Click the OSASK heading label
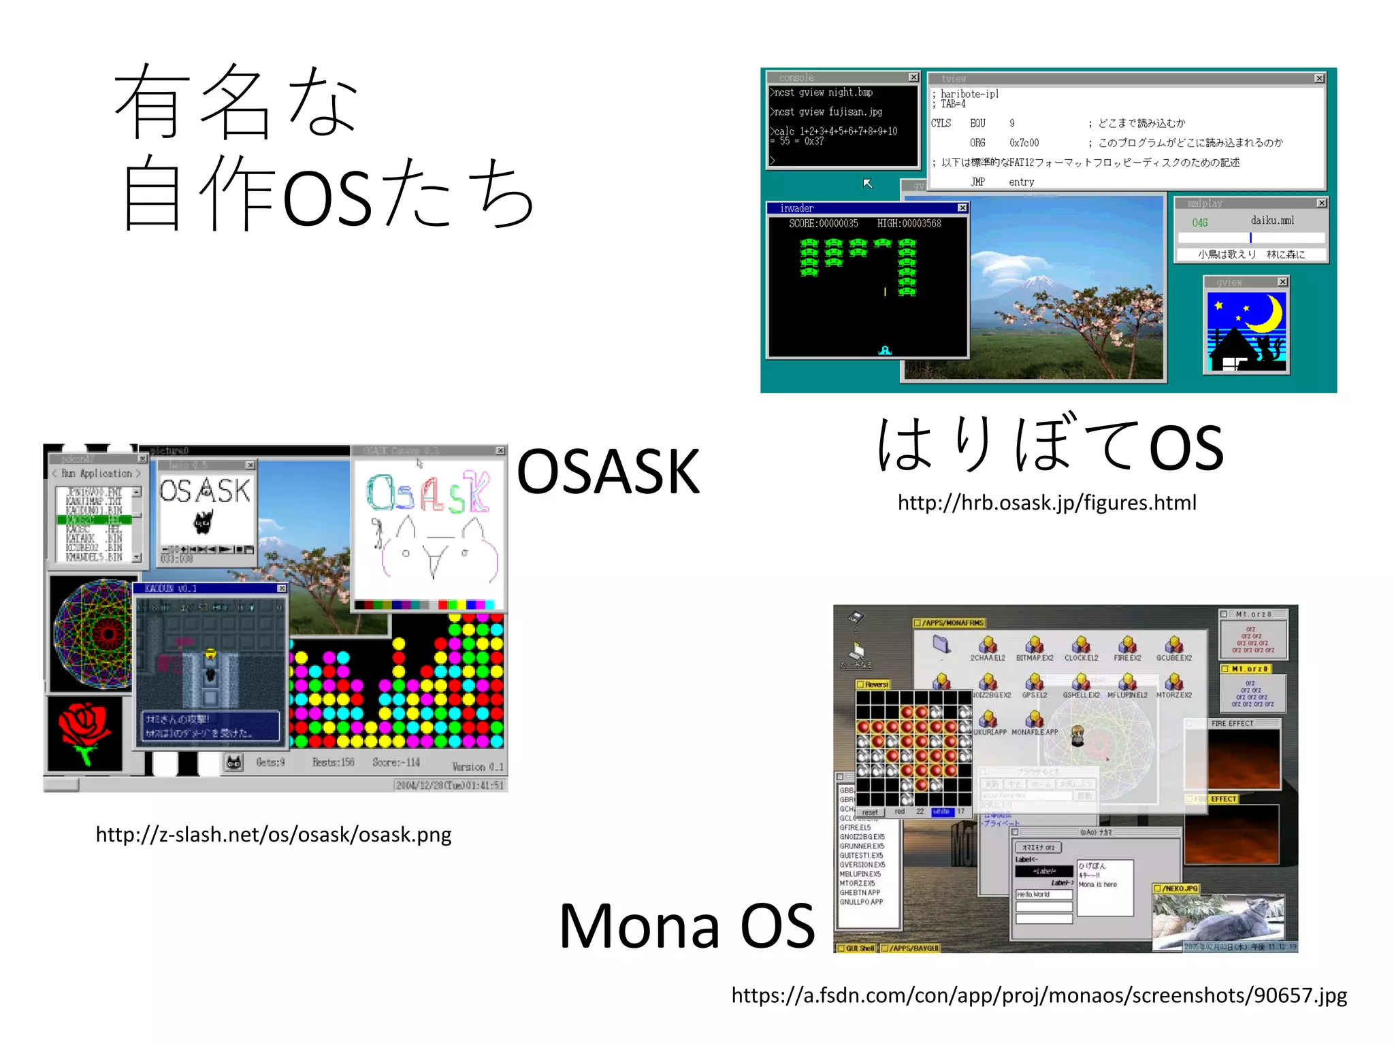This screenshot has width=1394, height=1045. [x=608, y=471]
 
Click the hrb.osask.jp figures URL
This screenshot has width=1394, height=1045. [x=1046, y=503]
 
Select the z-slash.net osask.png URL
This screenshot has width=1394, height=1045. [x=274, y=835]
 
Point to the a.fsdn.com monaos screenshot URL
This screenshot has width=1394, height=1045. [x=1039, y=995]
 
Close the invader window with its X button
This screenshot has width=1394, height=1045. [x=962, y=208]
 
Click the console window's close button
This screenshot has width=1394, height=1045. [x=913, y=78]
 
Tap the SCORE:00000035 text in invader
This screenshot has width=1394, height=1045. [x=823, y=224]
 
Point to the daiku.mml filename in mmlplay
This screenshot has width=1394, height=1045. [x=1271, y=220]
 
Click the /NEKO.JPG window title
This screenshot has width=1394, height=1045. [x=1179, y=889]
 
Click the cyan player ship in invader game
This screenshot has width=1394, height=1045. [x=885, y=350]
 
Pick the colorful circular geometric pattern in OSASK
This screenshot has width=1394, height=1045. [x=93, y=633]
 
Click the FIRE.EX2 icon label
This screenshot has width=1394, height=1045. [x=1127, y=658]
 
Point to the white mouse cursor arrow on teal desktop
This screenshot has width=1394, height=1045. [x=867, y=183]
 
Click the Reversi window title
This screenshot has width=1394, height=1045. [x=875, y=684]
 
